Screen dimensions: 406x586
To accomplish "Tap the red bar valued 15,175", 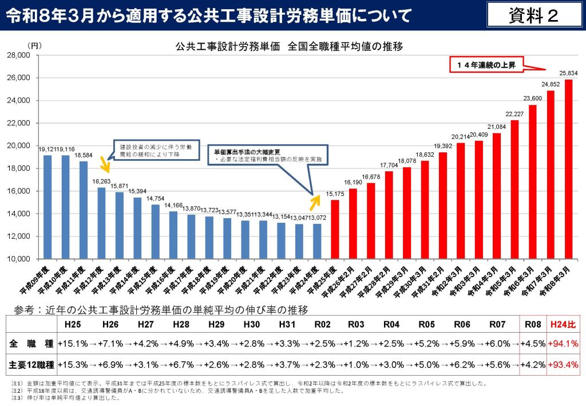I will click(335, 229).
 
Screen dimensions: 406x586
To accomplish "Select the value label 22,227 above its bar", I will click(514, 114).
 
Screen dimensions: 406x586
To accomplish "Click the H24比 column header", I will click(564, 324).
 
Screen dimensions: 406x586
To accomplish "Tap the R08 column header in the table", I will click(532, 324).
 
